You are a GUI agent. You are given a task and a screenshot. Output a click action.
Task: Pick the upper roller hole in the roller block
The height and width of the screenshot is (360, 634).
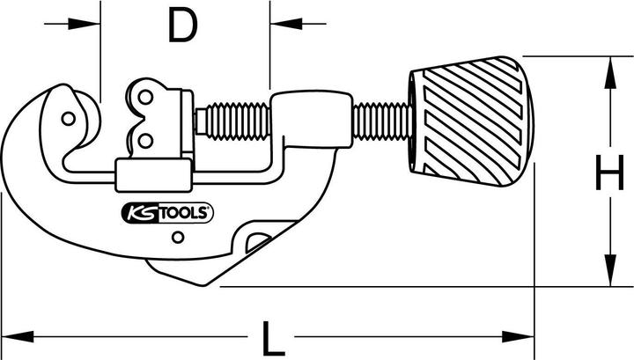click(144, 99)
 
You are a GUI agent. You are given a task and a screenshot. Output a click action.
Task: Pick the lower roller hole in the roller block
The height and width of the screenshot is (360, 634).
click(144, 137)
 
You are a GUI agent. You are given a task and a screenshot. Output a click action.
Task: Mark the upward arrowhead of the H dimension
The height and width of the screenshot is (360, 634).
click(608, 70)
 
